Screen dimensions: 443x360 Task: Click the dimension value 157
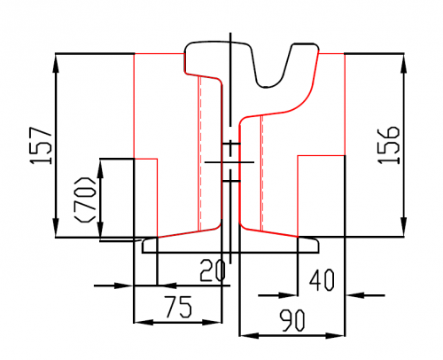point(42,145)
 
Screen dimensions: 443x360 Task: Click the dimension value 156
point(389,145)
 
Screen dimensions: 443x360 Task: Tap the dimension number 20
point(213,270)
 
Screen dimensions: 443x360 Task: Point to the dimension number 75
point(178,307)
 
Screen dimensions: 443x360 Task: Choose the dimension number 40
point(322,279)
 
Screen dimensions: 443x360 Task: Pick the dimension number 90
point(291,320)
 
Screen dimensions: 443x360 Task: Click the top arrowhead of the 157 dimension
point(56,63)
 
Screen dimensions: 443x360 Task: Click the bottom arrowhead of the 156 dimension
point(404,227)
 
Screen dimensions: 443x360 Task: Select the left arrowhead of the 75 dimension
point(144,322)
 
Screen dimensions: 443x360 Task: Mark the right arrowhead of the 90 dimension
point(335,336)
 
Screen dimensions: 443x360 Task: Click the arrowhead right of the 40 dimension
point(355,295)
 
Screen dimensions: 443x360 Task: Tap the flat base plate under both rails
point(230,246)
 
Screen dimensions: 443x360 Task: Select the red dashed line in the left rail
point(200,153)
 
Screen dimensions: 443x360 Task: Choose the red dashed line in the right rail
point(262,173)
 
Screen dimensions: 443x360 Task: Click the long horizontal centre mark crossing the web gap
point(229,162)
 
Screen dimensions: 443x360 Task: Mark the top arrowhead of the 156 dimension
point(404,63)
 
